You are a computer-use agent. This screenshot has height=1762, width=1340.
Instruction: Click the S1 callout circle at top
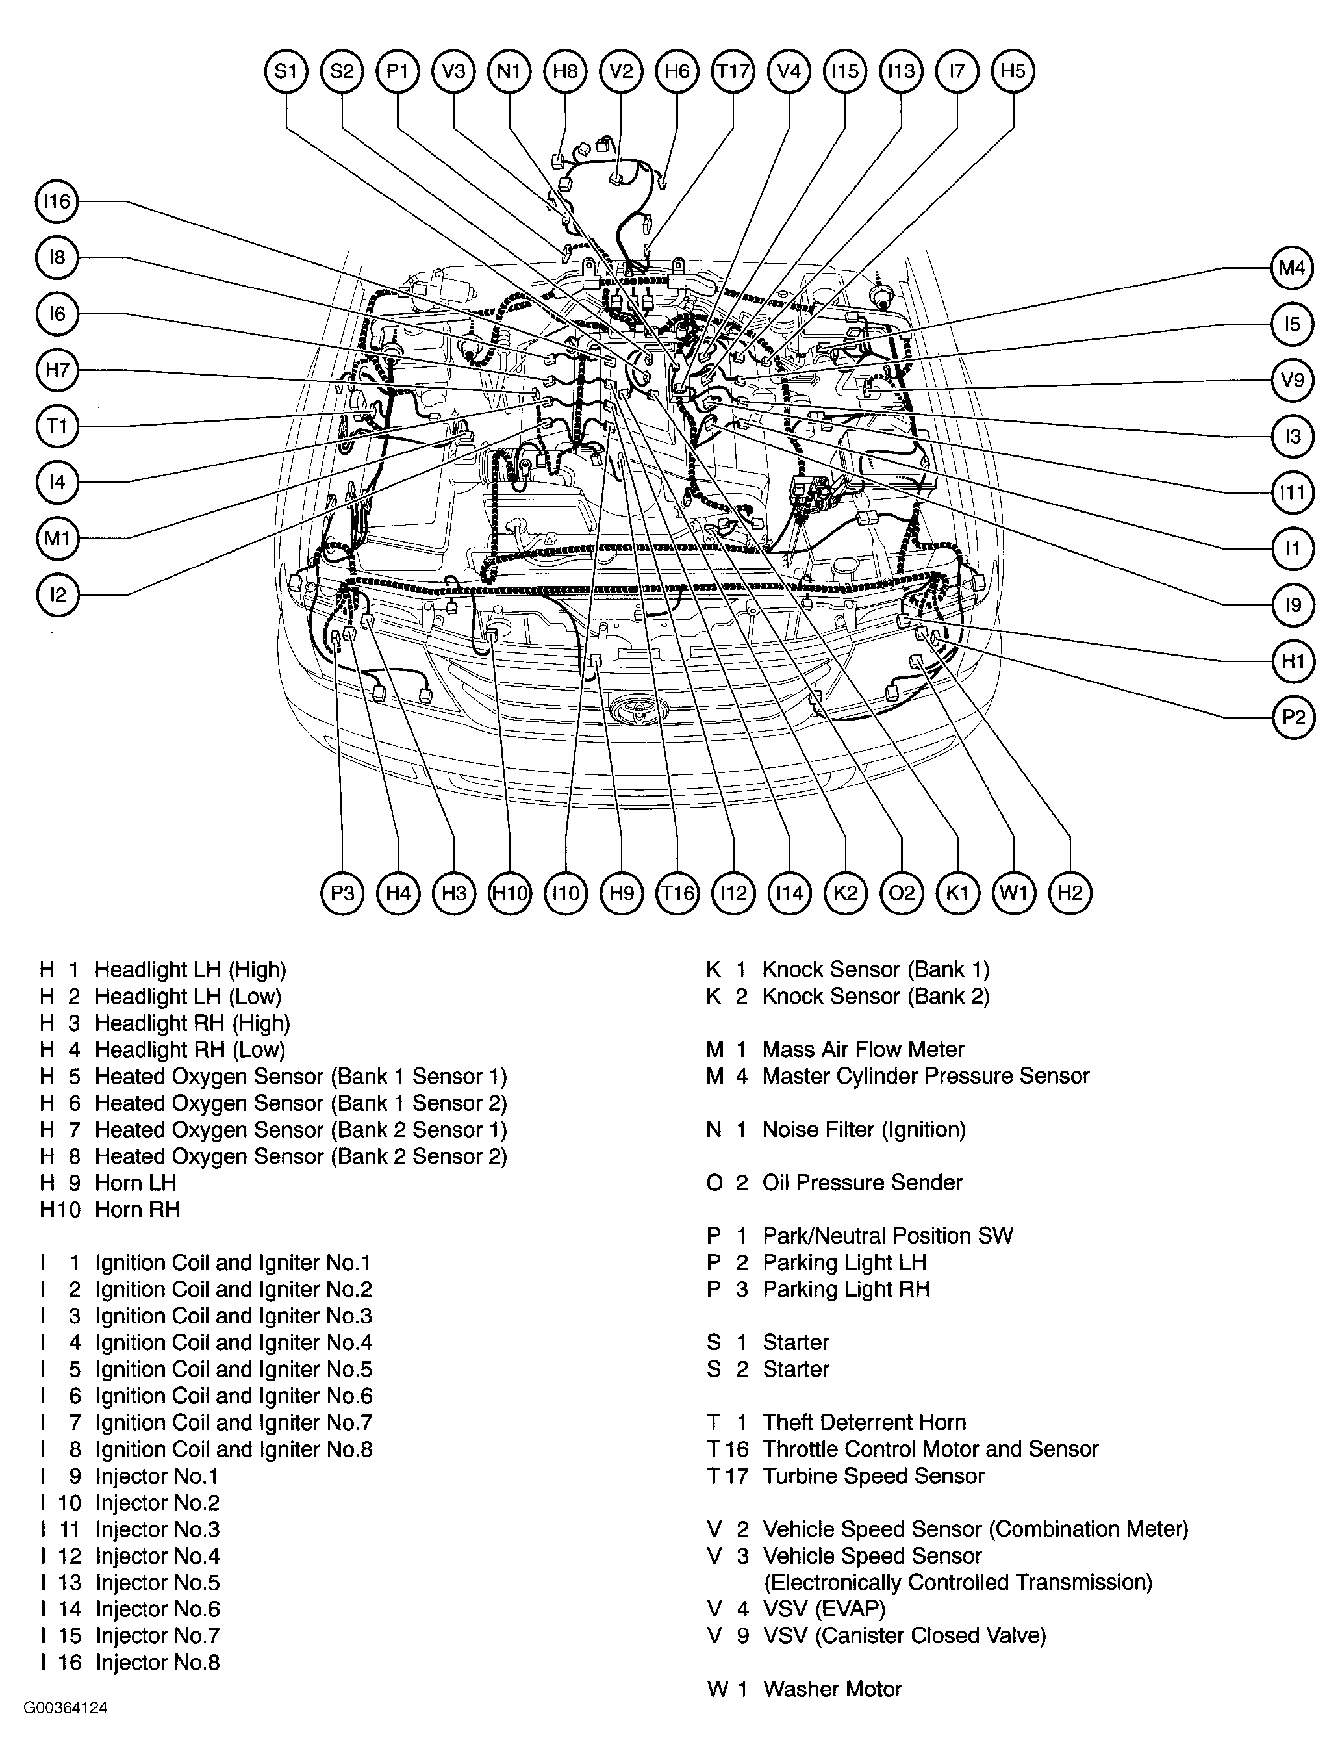pos(286,71)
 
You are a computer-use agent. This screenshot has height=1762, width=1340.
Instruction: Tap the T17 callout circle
pos(732,71)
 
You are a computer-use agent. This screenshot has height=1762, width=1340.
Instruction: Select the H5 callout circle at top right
pos(1013,71)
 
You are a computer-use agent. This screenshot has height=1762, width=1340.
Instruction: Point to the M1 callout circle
pos(57,539)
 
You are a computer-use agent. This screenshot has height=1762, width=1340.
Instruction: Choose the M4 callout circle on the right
pos(1291,268)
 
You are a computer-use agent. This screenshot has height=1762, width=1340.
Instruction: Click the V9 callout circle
pos(1291,379)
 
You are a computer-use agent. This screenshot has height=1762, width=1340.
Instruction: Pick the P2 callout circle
pos(1291,718)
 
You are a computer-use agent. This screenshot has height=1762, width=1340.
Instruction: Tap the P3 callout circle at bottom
pos(342,893)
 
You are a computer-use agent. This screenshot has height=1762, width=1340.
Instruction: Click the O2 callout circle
pos(902,893)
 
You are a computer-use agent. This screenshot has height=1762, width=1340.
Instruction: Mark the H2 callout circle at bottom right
pos(1070,893)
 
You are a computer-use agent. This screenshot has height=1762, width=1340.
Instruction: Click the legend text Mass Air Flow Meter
pos(863,1050)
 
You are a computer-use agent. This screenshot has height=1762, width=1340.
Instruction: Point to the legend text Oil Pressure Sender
pos(862,1183)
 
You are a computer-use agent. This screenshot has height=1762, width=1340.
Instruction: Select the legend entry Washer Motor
pos(832,1689)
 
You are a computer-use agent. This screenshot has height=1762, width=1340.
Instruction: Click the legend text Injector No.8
pos(157,1663)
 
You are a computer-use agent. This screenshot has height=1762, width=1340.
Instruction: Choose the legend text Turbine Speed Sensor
pos(874,1476)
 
